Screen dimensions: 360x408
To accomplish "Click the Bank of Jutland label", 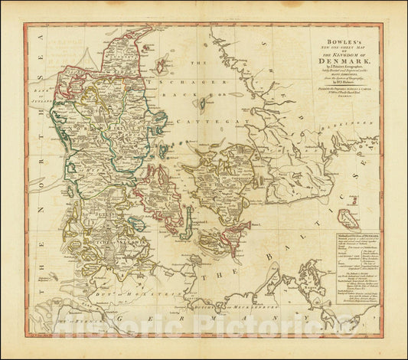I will click(x=38, y=92).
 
